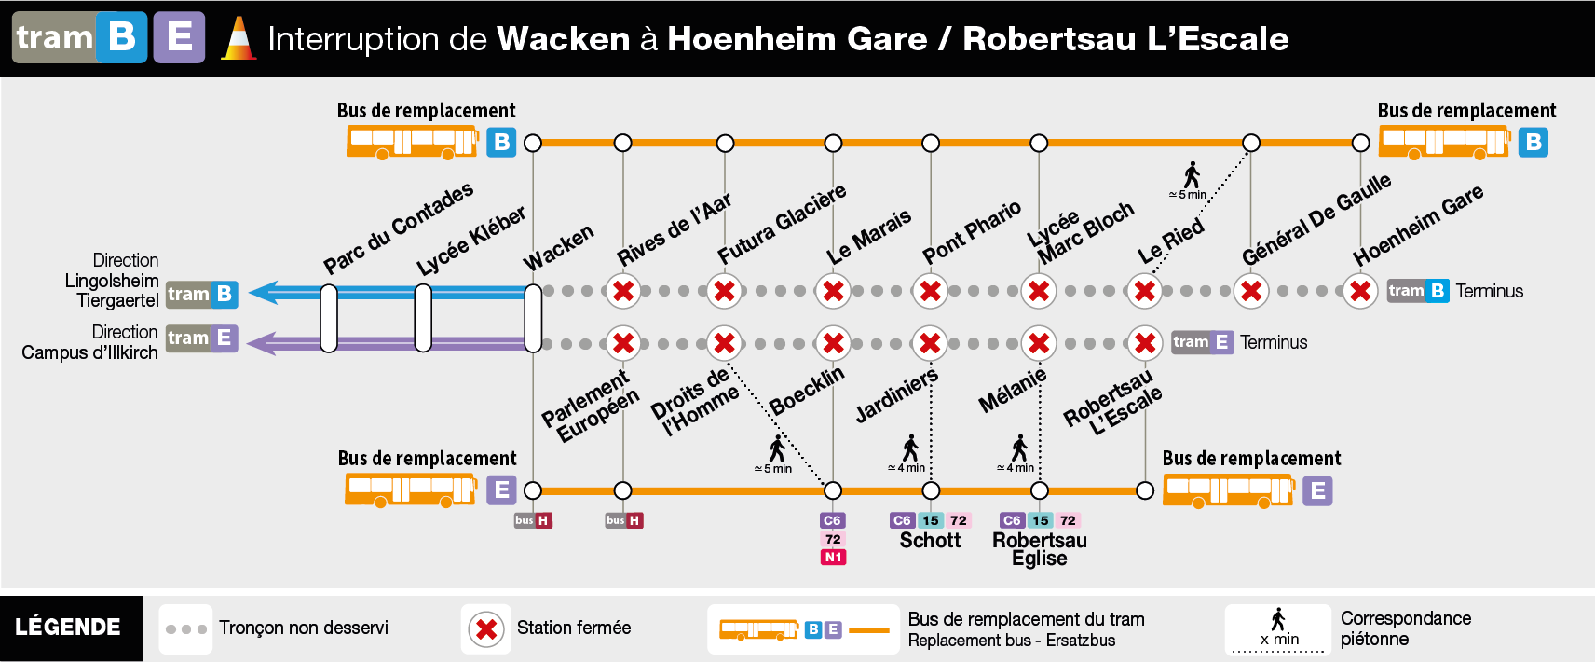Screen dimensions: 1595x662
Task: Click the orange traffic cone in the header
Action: point(239,38)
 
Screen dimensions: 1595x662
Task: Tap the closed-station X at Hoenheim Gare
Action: point(1360,291)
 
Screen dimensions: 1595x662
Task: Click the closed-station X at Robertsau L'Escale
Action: point(1144,343)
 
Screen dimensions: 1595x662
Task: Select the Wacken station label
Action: point(558,247)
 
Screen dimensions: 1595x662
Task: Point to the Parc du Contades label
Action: point(398,228)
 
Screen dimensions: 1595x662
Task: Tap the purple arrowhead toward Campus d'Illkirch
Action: point(261,343)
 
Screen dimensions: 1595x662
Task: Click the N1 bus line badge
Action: point(832,558)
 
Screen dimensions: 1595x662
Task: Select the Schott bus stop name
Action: point(930,540)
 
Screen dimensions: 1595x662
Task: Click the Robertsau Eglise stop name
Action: point(1040,549)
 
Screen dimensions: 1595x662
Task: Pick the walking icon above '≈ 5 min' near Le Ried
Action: point(1192,174)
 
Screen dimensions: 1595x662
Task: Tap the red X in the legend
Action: point(486,629)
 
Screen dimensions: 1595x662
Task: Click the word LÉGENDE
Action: point(68,628)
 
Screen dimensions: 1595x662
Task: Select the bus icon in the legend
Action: point(758,630)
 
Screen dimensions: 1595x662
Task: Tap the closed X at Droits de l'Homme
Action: point(724,343)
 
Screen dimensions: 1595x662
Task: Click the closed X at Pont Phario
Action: point(930,291)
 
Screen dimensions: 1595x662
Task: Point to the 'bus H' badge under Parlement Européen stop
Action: point(624,520)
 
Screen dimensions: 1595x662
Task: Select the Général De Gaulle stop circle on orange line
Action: point(1251,143)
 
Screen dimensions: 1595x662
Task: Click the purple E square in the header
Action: point(180,37)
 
